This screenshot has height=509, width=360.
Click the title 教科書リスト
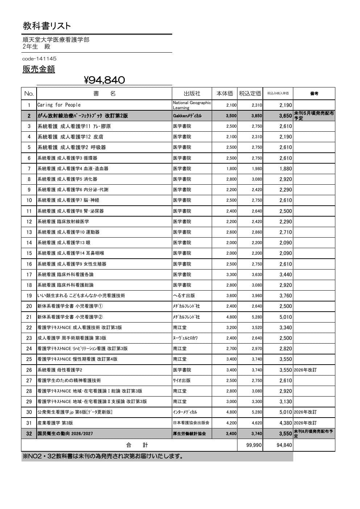click(47, 26)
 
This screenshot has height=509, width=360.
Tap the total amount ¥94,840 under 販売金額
click(104, 80)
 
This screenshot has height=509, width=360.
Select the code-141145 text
click(39, 59)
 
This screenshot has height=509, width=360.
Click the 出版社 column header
click(192, 94)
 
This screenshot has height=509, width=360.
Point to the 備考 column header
click(314, 94)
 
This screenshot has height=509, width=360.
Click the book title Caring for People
click(59, 105)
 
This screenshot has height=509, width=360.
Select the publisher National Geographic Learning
click(191, 105)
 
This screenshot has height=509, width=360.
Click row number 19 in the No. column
click(29, 296)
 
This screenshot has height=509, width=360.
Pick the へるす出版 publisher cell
click(184, 296)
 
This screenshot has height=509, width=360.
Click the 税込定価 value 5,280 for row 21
click(257, 317)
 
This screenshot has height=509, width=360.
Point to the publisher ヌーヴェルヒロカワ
click(185, 338)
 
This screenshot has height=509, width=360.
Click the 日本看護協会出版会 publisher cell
click(191, 423)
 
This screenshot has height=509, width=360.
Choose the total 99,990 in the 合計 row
click(254, 445)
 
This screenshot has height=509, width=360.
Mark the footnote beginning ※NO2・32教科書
click(103, 456)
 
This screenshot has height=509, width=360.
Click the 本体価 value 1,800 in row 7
click(231, 169)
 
